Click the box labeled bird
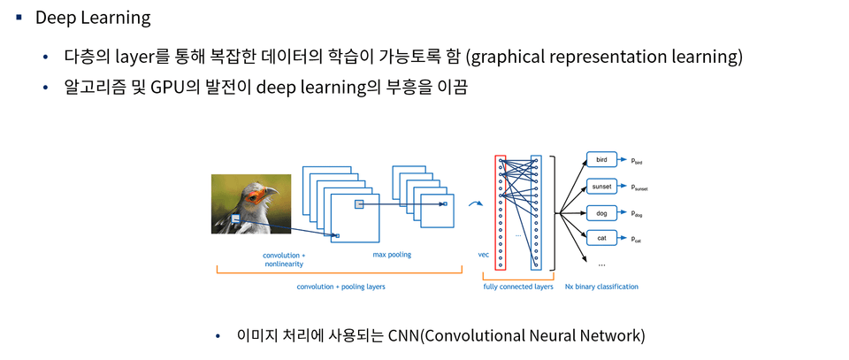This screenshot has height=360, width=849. (x=601, y=160)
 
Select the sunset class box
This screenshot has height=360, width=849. (x=601, y=187)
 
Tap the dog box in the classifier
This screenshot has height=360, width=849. (x=601, y=213)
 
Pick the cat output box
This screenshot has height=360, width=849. (x=601, y=238)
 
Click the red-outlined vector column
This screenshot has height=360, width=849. (x=501, y=211)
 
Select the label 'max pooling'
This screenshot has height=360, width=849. (x=392, y=255)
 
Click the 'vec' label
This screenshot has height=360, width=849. (x=484, y=255)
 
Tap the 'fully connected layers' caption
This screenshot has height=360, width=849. (x=518, y=287)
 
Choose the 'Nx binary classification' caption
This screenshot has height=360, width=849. (x=601, y=287)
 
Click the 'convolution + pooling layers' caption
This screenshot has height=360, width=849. (x=340, y=287)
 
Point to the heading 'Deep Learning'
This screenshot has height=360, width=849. (x=92, y=18)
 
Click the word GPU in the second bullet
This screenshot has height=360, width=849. (x=166, y=88)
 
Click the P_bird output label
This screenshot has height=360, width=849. (x=636, y=161)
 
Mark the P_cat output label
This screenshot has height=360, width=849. (x=636, y=239)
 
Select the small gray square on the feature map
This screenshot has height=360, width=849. (x=359, y=204)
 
